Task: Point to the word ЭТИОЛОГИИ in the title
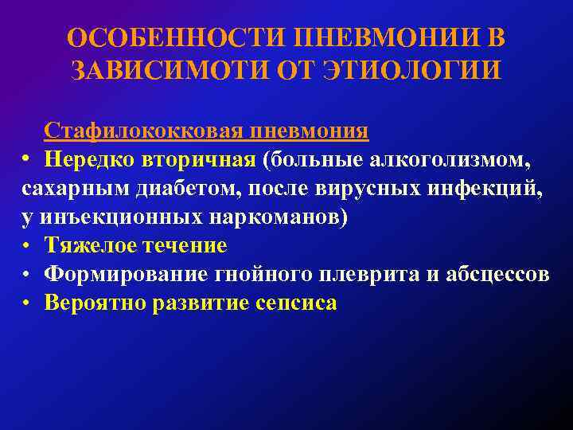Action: click(x=415, y=70)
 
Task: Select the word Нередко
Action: click(x=90, y=159)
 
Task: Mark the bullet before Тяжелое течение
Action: click(x=27, y=246)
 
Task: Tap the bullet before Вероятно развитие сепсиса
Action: click(x=27, y=303)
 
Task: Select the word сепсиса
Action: click(x=296, y=303)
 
